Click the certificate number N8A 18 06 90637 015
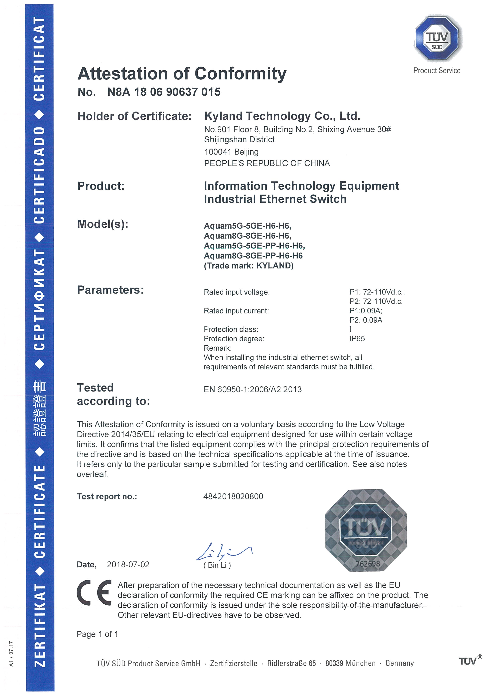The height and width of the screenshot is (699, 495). coord(164,92)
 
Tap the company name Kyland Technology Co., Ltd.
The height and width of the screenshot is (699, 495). coord(282,116)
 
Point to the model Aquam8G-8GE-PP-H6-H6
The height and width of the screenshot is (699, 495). coord(253,256)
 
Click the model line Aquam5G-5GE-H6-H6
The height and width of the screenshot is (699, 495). coord(247,226)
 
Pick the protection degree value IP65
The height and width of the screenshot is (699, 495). coord(357,339)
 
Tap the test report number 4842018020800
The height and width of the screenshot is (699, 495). coord(233,496)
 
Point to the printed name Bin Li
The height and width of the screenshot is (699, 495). coord(217,565)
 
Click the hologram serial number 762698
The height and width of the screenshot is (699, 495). coord(368,564)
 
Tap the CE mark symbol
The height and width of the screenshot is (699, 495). coord(94,592)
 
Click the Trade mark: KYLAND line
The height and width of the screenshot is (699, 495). coord(248,266)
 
